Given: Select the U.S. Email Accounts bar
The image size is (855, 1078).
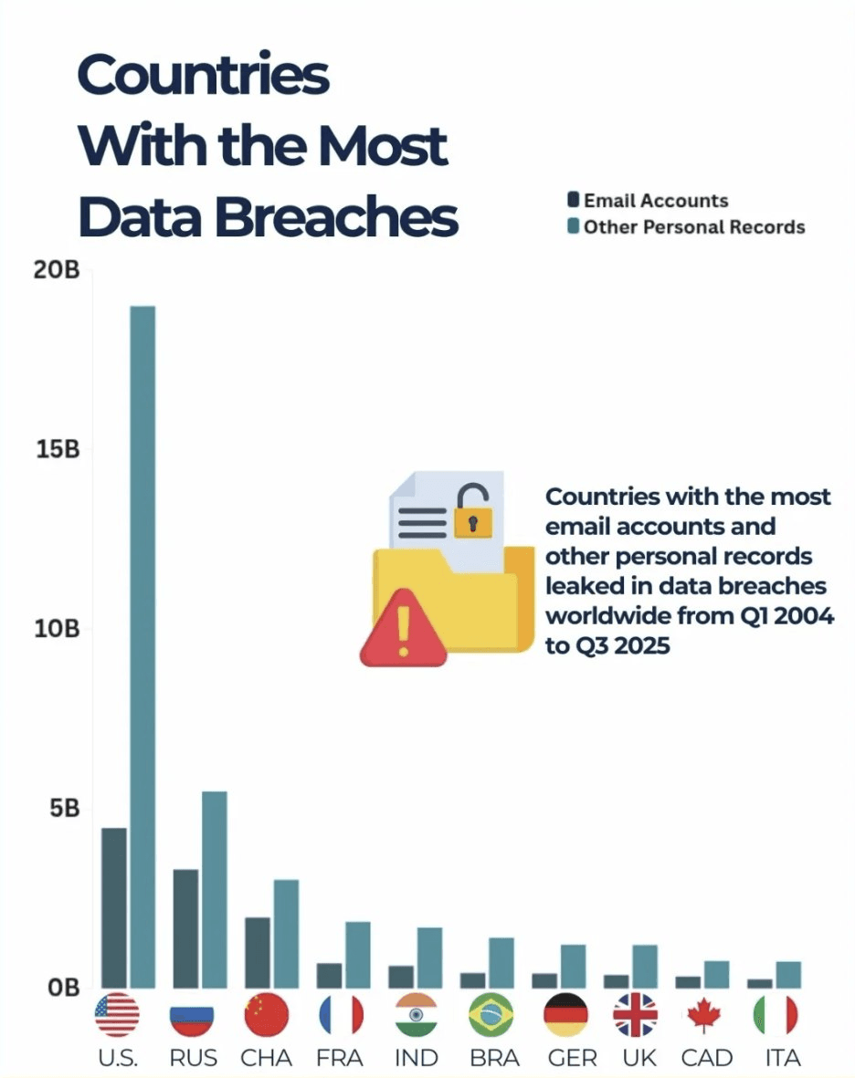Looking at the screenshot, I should [x=114, y=907].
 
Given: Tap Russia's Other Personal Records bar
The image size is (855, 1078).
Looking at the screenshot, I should [x=214, y=889].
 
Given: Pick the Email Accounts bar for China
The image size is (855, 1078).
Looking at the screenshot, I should [x=258, y=952].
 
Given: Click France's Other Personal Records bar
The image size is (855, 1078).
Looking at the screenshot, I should [x=357, y=955].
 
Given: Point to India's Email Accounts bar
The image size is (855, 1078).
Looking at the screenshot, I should [x=400, y=977].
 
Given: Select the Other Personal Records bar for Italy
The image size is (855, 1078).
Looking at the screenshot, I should [x=788, y=975].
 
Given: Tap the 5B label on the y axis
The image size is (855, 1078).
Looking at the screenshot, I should [x=65, y=809].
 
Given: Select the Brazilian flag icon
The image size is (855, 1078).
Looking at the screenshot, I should [x=490, y=1015].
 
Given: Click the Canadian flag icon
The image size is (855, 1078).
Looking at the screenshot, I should [x=706, y=1015].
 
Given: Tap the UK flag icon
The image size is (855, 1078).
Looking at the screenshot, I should [x=635, y=1015].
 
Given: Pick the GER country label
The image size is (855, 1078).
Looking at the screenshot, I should [x=572, y=1059].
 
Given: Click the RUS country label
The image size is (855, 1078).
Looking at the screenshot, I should [x=193, y=1059].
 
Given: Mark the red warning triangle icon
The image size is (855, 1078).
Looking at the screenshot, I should [x=403, y=630].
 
